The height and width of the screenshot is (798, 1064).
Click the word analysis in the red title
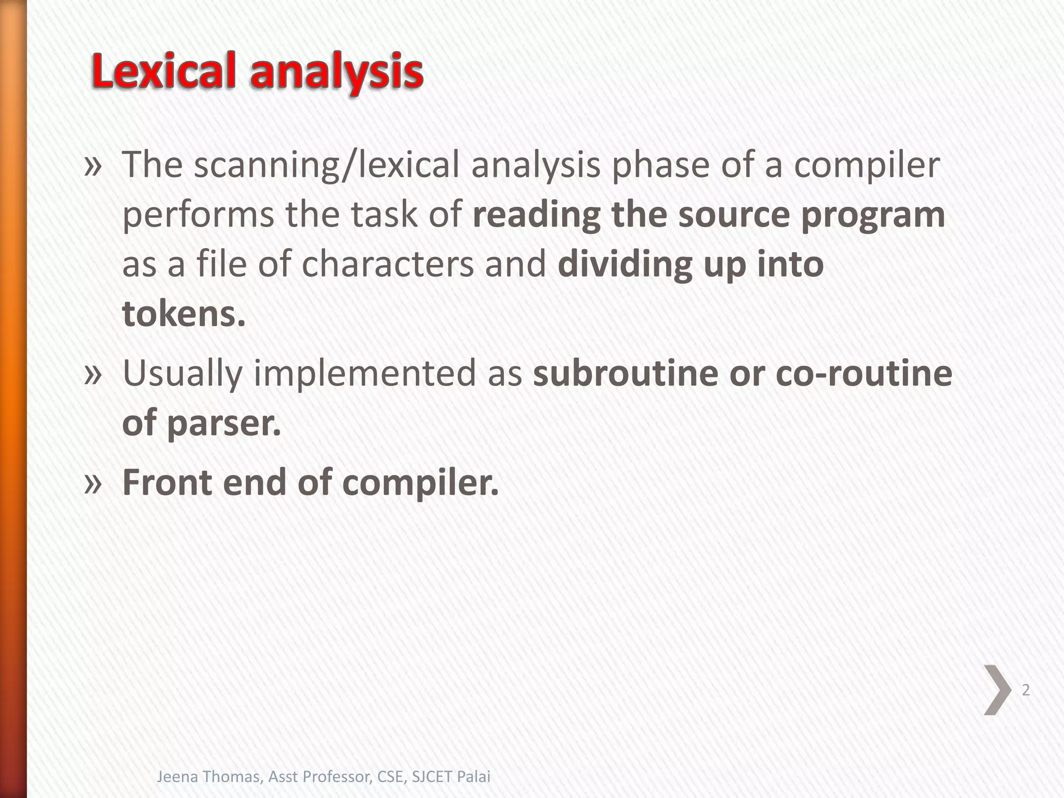tap(337, 73)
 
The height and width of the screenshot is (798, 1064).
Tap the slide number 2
tap(1026, 690)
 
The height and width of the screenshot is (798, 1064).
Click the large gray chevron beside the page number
tap(996, 690)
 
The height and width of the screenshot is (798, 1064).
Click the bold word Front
tap(167, 482)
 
